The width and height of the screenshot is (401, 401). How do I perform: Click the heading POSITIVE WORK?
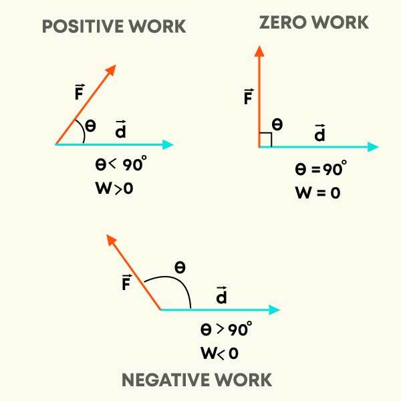pos(114,27)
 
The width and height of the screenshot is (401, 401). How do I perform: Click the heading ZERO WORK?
pos(313,23)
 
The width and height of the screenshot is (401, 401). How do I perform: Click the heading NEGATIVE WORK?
pos(196,380)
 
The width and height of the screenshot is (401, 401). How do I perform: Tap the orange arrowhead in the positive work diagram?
pos(111,70)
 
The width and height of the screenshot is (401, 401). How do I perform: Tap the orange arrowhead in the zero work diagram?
pos(259,51)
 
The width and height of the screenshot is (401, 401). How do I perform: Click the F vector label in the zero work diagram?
pos(247,98)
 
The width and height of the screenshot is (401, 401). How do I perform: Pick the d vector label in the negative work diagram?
pos(221,295)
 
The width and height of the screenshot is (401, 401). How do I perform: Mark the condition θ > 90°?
pos(226,329)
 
